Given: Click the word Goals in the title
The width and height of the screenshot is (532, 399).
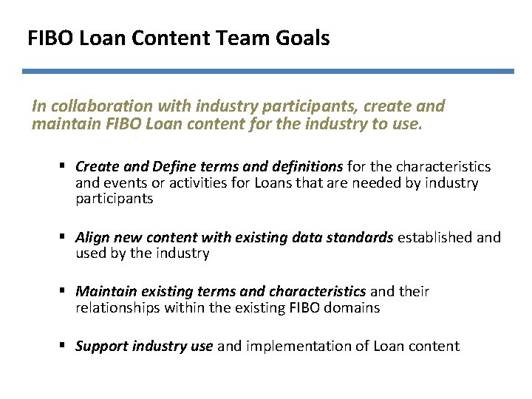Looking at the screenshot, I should [x=303, y=38].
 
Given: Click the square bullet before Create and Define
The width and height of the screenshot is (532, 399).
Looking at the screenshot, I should [x=66, y=167].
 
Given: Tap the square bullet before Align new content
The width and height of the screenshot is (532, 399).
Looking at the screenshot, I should [x=66, y=238].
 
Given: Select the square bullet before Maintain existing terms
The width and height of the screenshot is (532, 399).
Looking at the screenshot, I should [x=66, y=291].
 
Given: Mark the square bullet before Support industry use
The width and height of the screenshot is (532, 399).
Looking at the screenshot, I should [x=66, y=346].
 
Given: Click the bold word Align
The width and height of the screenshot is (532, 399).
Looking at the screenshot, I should [x=93, y=238].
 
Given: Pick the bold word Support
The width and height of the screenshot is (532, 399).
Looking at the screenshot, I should [x=102, y=346].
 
